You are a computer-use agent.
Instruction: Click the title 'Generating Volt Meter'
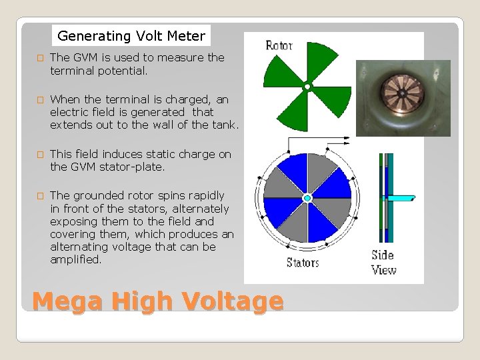131,36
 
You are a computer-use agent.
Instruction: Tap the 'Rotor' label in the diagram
279,45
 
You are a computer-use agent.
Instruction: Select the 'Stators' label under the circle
303,263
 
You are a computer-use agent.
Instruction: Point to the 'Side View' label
383,262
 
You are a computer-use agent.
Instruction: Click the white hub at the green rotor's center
307,87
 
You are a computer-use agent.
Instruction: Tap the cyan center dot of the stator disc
307,198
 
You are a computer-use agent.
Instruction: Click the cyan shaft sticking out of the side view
401,198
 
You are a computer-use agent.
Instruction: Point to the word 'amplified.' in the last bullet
76,260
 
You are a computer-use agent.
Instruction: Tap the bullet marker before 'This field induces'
40,155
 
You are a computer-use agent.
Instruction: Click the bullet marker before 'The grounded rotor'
40,196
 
